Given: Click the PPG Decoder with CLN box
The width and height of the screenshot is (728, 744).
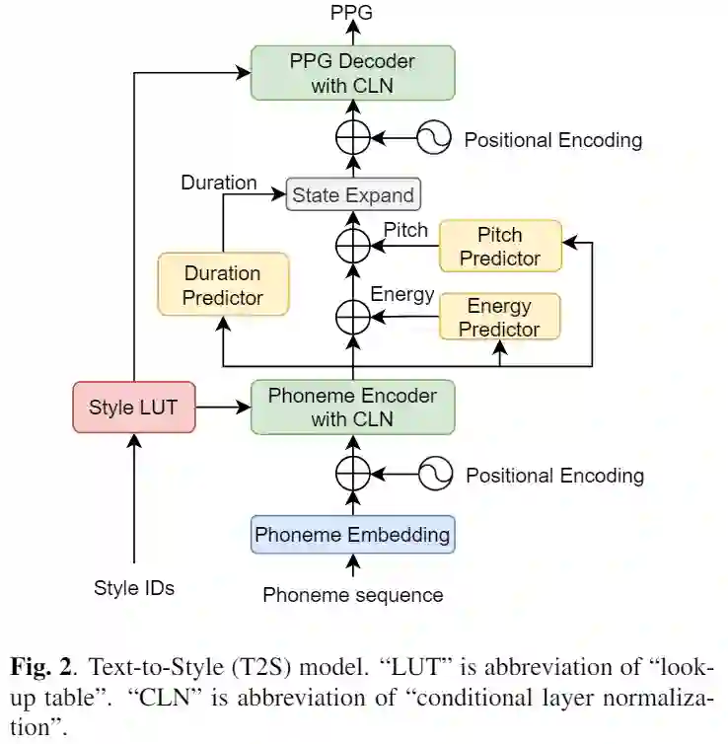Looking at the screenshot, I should [x=352, y=73].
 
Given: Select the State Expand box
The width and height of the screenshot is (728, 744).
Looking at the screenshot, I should [x=353, y=194].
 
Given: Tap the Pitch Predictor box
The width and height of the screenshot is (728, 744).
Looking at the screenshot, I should [x=500, y=247].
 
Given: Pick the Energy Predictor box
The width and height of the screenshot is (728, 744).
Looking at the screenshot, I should [x=499, y=317].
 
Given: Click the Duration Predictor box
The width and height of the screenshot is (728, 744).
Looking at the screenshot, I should [x=223, y=284].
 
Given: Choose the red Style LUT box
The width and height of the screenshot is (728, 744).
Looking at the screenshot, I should [x=134, y=407].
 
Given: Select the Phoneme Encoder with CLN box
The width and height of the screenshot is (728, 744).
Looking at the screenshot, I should [x=352, y=407].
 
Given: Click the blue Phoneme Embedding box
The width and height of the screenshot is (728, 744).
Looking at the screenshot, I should [x=352, y=535].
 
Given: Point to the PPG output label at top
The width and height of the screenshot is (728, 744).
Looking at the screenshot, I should [x=352, y=13].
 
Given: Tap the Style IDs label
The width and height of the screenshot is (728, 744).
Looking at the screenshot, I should [x=134, y=588].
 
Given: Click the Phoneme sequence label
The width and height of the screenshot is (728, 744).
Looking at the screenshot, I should [x=352, y=595].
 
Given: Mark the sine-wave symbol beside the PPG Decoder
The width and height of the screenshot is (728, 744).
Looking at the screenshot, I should [x=433, y=139].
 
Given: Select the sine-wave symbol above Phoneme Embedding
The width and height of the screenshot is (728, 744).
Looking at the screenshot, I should [x=434, y=475].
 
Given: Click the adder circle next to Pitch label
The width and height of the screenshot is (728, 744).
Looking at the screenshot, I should [x=352, y=243].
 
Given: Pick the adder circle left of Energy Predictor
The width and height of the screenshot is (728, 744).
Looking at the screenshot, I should [x=352, y=316].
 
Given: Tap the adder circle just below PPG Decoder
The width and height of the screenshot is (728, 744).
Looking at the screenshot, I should [x=352, y=139].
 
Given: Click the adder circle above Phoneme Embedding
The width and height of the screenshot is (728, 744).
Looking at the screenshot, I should [x=352, y=475].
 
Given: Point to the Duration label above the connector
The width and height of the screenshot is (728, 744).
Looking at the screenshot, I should [x=219, y=183].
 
